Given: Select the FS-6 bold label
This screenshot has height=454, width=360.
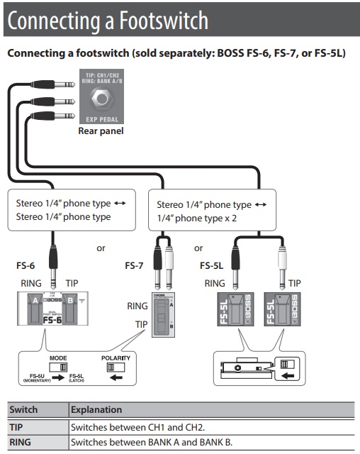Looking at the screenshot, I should click(x=26, y=266).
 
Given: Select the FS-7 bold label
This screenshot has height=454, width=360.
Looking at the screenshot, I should click(x=135, y=266).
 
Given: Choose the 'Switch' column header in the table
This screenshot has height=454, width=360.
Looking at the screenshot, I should click(x=23, y=409).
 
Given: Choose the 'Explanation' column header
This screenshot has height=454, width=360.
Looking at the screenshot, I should click(x=96, y=409).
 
